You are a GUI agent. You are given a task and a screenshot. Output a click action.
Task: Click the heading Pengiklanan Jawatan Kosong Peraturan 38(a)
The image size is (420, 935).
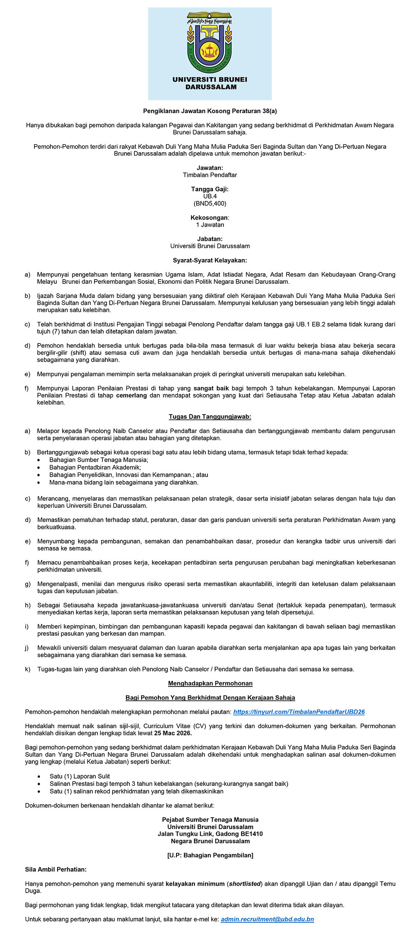coord(210,111)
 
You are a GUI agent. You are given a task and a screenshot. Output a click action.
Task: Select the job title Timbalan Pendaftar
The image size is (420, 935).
coord(210,175)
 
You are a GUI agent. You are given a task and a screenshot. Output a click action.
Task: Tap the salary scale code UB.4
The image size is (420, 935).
coord(210,196)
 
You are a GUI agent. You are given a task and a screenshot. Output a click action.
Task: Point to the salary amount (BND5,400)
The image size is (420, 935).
coord(210,203)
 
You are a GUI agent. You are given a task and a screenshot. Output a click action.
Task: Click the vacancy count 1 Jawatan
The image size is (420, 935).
coord(210,225)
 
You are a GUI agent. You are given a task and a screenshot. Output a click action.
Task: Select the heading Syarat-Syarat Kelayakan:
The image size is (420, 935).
coord(210,260)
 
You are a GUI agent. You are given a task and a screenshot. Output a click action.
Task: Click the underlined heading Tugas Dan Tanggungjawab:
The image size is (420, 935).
coord(210,417)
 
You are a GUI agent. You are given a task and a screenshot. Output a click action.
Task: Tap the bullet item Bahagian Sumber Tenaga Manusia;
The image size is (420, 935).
coord(99,460)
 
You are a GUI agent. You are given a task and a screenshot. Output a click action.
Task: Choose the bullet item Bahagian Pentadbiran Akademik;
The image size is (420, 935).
coord(95,467)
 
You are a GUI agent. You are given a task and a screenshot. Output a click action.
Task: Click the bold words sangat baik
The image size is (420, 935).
coord(211,388)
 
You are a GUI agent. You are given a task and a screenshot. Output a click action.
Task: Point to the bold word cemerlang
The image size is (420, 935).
coord(131,396)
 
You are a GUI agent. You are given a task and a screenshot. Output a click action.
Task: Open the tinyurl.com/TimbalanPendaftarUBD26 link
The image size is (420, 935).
coord(299,712)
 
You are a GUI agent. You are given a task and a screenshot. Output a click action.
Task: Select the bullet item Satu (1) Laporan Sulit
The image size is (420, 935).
coord(80,777)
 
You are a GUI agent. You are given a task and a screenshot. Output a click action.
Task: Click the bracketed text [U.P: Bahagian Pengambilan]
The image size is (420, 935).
coord(210,855)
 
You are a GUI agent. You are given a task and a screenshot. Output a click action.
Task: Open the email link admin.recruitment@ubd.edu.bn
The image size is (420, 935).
coord(268,919)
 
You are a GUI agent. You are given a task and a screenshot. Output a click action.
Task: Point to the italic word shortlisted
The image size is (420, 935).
coord(244,884)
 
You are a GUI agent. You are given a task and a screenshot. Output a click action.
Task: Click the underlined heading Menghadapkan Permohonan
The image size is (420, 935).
coord(210,684)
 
